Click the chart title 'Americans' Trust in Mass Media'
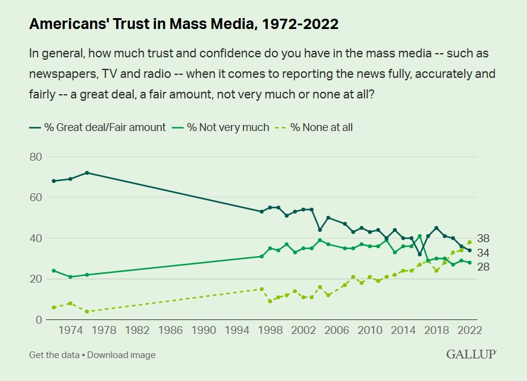[x=183, y=25]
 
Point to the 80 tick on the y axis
[x=36, y=157]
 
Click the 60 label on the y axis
[x=36, y=197]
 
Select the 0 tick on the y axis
[x=39, y=319]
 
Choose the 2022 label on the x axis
[x=469, y=331]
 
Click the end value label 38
[x=483, y=239]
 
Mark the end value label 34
[x=483, y=252]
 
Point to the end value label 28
[x=483, y=267]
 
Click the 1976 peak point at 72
[x=87, y=173]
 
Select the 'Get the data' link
[x=54, y=355]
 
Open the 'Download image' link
[x=121, y=355]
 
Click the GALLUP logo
[x=471, y=354]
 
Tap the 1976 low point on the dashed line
[x=87, y=312]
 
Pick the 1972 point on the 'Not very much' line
[x=54, y=271]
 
